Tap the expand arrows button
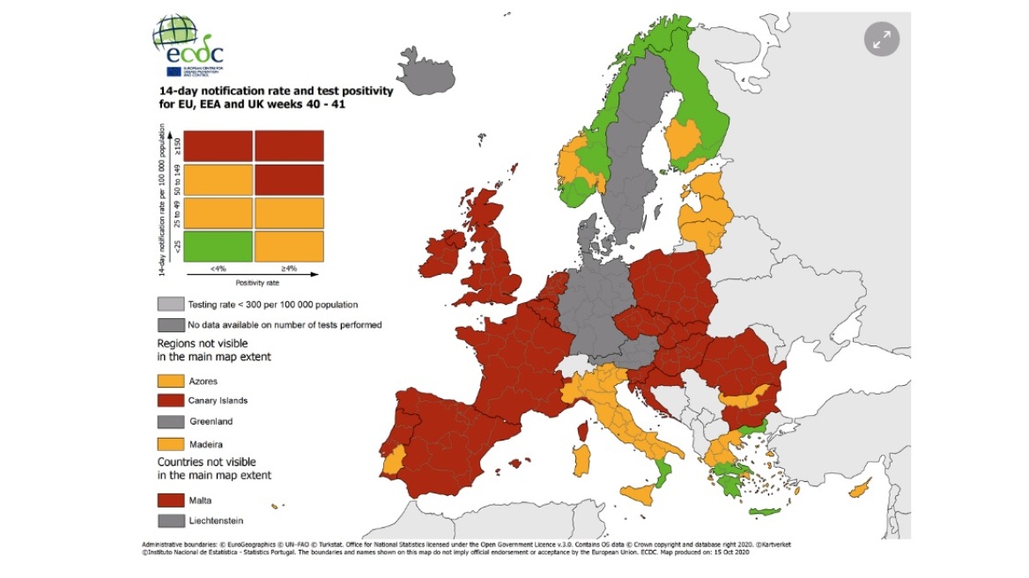click(881, 39)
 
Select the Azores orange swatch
click(171, 381)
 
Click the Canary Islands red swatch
click(171, 401)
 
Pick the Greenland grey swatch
click(171, 421)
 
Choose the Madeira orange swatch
click(171, 443)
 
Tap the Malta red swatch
click(171, 500)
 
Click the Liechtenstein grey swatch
click(171, 520)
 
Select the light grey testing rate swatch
click(171, 304)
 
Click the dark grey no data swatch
click(171, 324)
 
